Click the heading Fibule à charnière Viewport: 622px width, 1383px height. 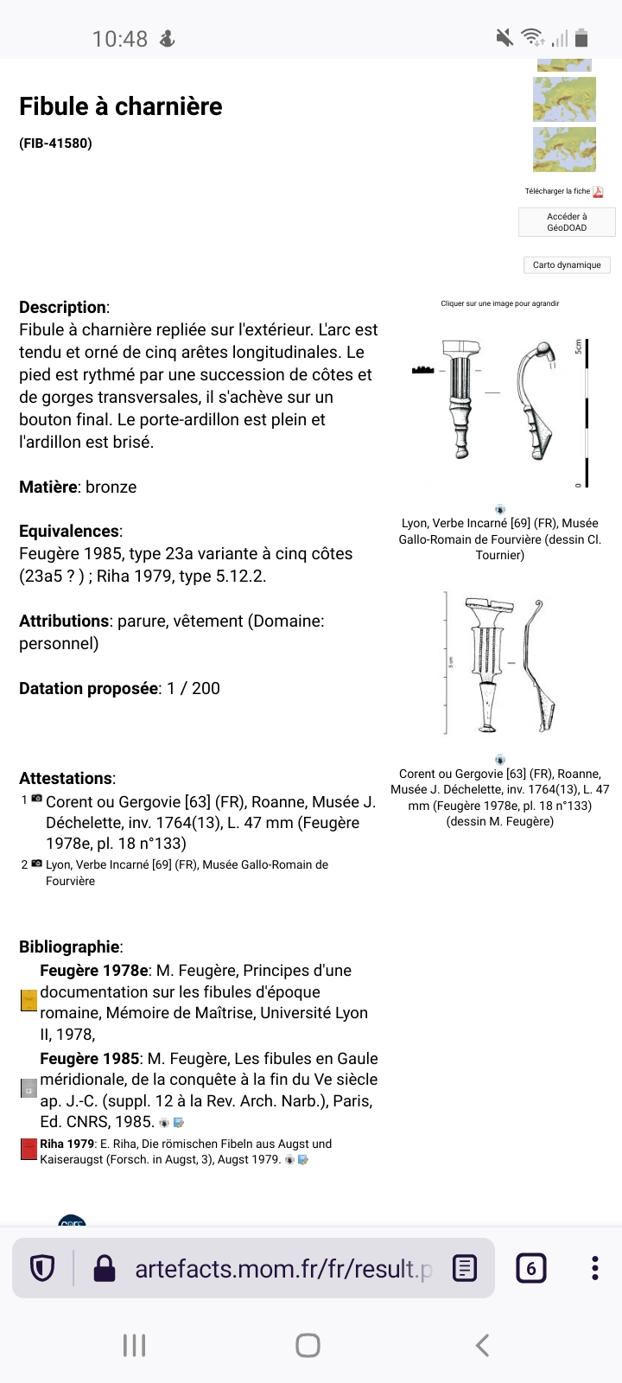coord(121,106)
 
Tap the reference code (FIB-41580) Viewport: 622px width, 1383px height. coord(55,143)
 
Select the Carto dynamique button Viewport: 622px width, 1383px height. coord(567,265)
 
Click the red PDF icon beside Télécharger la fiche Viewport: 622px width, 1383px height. coord(598,192)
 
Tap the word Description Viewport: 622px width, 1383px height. coord(63,307)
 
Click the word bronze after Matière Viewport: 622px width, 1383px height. coord(111,487)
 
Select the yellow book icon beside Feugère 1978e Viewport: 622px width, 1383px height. coord(29,1001)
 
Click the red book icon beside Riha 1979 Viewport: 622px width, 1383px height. coord(29,1150)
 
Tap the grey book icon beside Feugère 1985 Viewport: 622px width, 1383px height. coord(29,1088)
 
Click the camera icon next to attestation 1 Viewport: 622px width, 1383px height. coord(36,799)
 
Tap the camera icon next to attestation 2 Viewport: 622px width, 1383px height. coord(36,864)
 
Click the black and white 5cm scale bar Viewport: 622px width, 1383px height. coord(587,413)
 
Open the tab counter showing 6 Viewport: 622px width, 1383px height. coord(530,1268)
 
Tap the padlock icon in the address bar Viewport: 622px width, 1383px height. coord(105,1268)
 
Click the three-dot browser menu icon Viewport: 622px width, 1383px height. coord(594,1268)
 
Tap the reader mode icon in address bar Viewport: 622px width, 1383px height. coord(465,1268)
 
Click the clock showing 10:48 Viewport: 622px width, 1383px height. coord(120,39)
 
